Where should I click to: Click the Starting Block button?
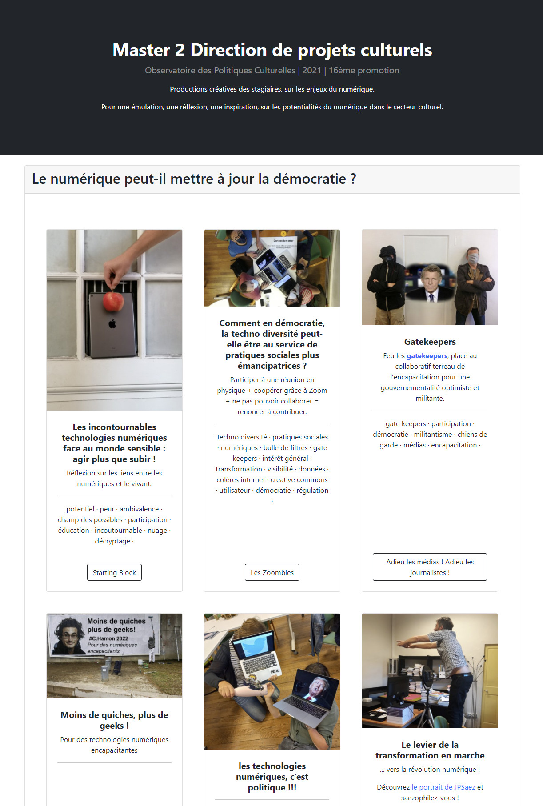coord(114,572)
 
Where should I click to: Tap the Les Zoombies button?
coord(272,572)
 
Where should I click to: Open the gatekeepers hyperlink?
coord(427,355)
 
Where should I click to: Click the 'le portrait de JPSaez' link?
coord(443,787)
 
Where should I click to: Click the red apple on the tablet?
coord(113,302)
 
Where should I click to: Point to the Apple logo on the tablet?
coord(112,324)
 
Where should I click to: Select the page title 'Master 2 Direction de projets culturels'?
coord(272,50)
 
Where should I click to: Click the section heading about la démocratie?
coord(194,179)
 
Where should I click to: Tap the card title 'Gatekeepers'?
coord(430,342)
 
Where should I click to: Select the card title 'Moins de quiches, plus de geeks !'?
coord(114,720)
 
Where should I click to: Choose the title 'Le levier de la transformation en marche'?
coord(430,750)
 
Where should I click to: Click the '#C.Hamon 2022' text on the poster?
coord(108,638)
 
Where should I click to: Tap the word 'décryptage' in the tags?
coord(112,541)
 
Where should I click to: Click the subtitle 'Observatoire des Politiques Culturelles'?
coord(220,70)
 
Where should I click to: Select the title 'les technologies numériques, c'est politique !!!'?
coord(272,777)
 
